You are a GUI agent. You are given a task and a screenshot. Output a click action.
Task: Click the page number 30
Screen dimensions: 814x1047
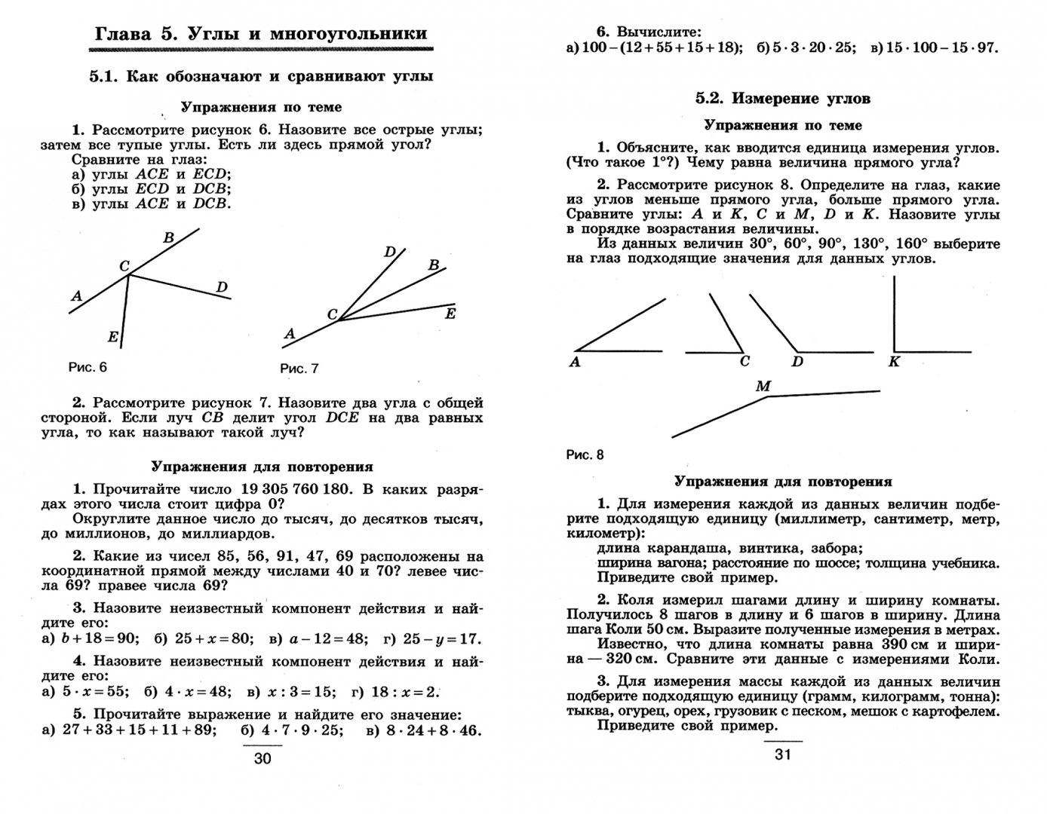(262, 759)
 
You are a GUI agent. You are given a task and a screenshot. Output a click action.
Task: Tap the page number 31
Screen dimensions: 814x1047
(782, 754)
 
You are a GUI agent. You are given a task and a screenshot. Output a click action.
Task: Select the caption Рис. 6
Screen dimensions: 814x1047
(88, 367)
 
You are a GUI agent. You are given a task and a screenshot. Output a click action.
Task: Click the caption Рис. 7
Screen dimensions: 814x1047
(299, 369)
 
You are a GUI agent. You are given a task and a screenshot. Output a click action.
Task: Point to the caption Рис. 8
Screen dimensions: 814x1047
(585, 454)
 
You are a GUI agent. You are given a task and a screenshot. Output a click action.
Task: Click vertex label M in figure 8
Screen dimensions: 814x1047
(763, 387)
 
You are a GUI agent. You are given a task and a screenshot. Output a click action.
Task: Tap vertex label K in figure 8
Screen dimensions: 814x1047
(894, 362)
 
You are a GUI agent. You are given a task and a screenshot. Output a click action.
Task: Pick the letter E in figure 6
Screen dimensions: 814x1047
(113, 337)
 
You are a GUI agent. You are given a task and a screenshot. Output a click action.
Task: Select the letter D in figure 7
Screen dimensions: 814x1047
(390, 252)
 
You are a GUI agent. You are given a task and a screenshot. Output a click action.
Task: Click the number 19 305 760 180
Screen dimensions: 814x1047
(296, 488)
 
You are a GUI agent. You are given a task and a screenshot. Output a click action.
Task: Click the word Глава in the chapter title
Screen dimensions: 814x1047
(121, 34)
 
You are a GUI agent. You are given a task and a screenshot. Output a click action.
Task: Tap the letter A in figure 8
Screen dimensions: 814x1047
(575, 362)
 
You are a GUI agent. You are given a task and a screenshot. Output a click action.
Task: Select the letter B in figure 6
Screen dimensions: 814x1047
(169, 238)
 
